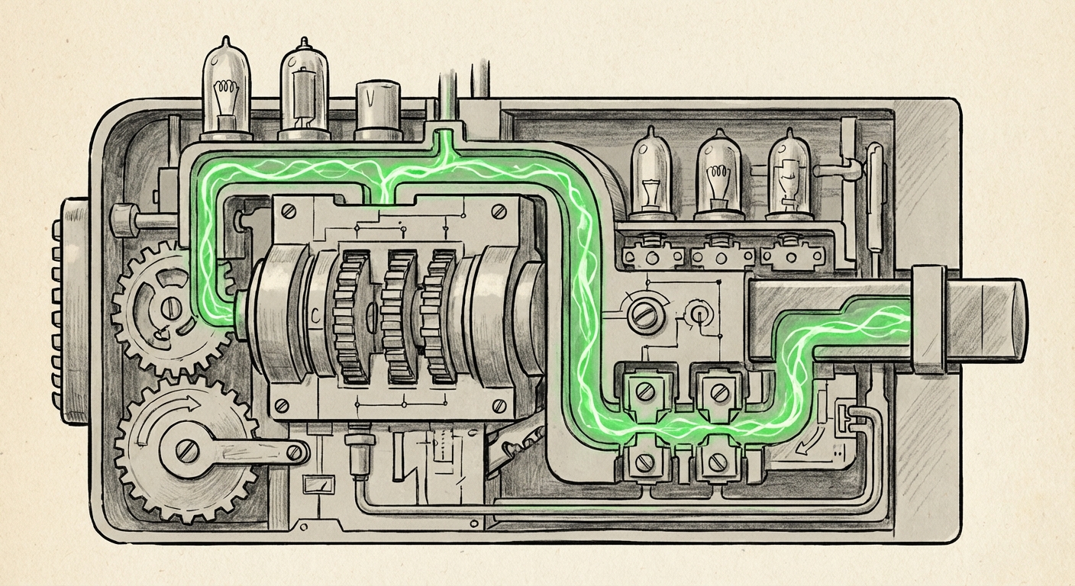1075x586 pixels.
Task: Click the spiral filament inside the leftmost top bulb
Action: coord(225,96)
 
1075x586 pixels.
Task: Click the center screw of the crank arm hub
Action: coord(187,452)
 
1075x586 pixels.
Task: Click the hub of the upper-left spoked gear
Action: coord(169,307)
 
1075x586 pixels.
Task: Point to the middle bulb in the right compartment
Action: coord(718,176)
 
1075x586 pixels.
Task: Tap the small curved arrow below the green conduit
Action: coord(805,443)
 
